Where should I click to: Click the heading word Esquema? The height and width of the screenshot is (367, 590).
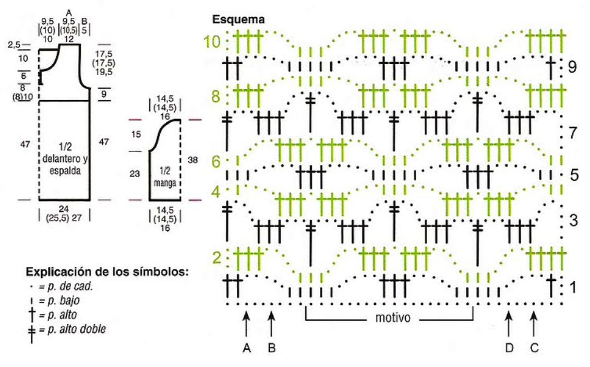[238, 20]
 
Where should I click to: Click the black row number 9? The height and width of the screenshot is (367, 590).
[572, 67]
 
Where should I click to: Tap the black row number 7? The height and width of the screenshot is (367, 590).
[572, 133]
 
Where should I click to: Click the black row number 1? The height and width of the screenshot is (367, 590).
[572, 287]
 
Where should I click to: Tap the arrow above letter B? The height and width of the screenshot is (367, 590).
[271, 323]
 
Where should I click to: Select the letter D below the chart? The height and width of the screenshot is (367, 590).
[509, 348]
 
